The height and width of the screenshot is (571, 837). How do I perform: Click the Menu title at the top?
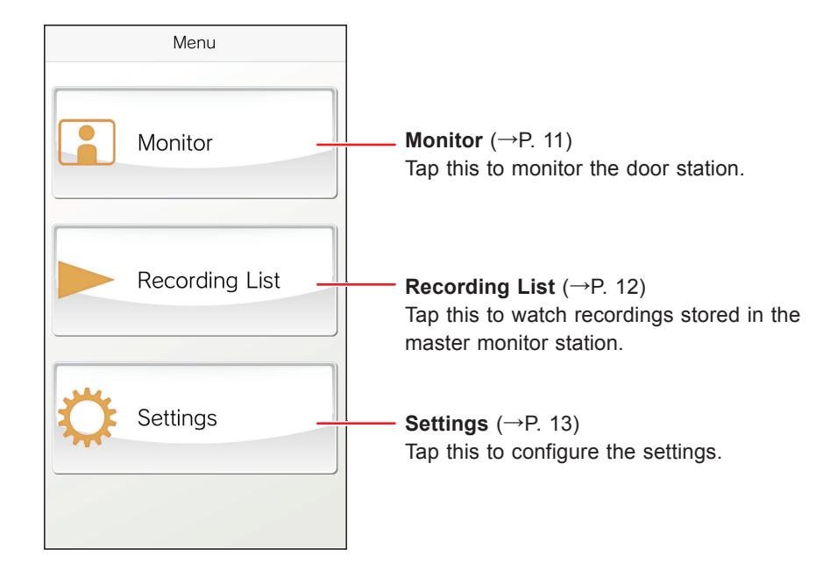[x=195, y=42]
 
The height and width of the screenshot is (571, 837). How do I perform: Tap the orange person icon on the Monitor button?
[x=87, y=143]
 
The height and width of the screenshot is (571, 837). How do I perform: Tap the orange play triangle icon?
[x=85, y=279]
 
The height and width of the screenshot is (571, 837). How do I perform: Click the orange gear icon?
[x=87, y=418]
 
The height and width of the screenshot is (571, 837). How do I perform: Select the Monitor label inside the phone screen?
[x=175, y=143]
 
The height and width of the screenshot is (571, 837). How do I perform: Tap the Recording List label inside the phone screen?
[x=209, y=281]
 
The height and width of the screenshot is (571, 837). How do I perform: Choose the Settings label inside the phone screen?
[x=177, y=418]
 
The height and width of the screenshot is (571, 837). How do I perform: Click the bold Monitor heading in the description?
[x=443, y=140]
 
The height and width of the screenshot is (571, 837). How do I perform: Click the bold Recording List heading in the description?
[x=480, y=287]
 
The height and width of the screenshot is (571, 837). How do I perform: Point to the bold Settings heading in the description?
[x=447, y=425]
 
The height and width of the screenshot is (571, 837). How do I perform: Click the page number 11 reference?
[x=554, y=140]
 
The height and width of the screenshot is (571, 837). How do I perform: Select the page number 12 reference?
[x=627, y=287]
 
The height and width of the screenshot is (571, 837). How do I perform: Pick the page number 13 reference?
[x=561, y=425]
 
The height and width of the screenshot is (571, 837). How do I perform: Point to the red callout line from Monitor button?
[x=356, y=144]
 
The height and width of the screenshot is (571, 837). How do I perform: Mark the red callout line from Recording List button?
[x=356, y=284]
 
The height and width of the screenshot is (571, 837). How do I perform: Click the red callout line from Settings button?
[x=356, y=423]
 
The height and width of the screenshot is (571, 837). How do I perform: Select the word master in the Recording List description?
[x=436, y=344]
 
